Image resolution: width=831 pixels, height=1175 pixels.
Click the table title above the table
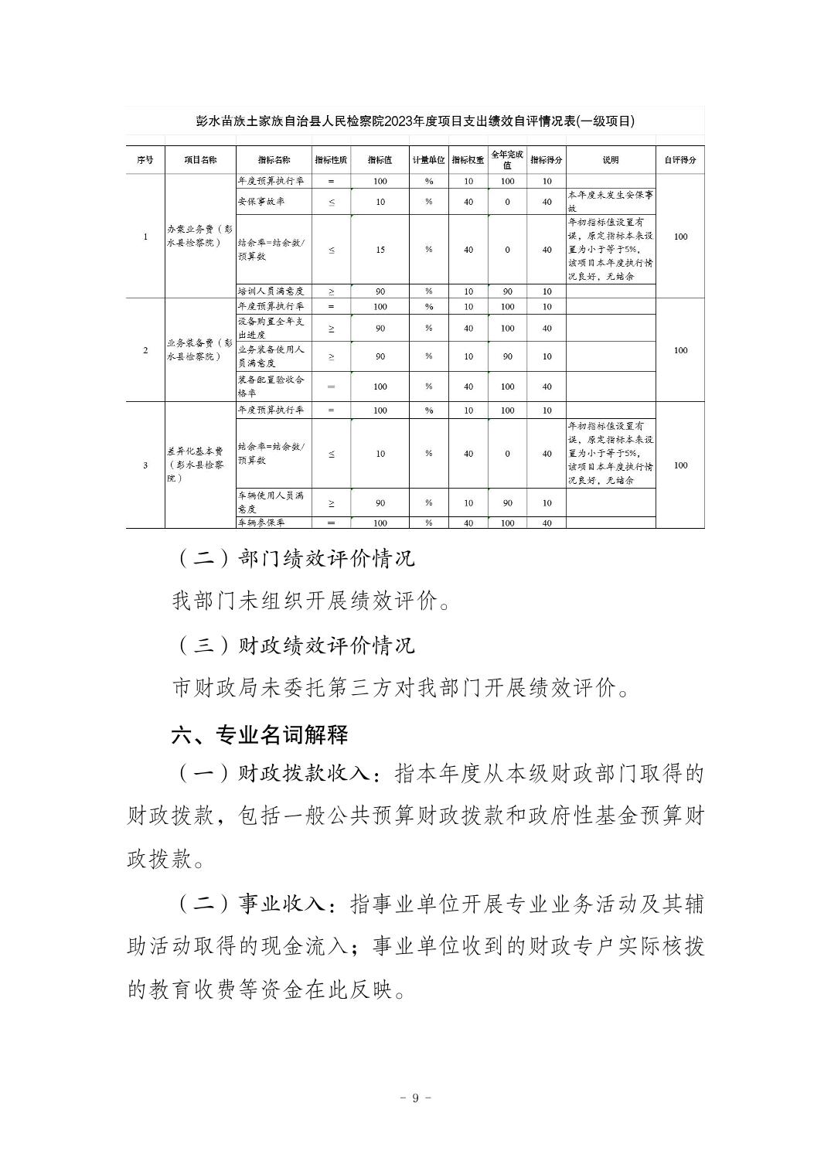click(415, 121)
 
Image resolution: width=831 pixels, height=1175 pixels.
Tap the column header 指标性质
click(331, 160)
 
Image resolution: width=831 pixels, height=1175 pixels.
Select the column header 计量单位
click(428, 160)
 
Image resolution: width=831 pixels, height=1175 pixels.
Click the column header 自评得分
click(679, 160)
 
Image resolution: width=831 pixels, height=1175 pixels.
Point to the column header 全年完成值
click(507, 160)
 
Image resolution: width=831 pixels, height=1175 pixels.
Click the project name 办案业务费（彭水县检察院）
click(199, 236)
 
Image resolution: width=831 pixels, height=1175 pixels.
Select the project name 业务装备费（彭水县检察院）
click(199, 349)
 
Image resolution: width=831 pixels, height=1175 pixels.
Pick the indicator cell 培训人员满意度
click(271, 291)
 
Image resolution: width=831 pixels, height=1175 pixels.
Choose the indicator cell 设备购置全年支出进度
click(271, 328)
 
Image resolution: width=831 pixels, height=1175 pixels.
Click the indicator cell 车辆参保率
click(261, 523)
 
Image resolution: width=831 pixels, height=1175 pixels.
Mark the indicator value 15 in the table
click(380, 250)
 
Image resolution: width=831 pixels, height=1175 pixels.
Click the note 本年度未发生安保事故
click(610, 201)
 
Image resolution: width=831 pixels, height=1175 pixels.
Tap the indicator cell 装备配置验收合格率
click(271, 386)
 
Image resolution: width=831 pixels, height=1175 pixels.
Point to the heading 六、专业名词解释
click(260, 734)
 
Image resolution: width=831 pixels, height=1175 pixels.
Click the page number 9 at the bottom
click(415, 1098)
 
